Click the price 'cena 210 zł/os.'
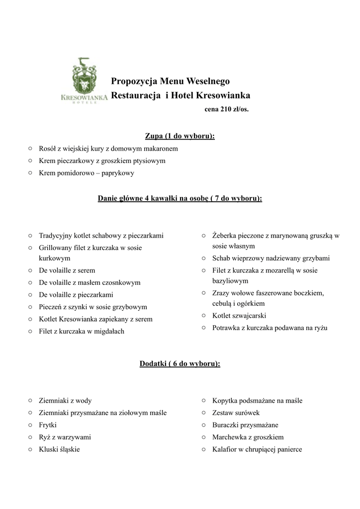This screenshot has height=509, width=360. pos(226,109)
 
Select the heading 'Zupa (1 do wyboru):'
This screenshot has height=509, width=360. pos(180,136)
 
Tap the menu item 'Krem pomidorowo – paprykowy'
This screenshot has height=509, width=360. pos(87,173)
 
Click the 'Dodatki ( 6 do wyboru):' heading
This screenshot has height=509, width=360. pos(180,364)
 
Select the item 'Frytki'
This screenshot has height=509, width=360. pos(48,425)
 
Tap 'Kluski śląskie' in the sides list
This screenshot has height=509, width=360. pos(59,449)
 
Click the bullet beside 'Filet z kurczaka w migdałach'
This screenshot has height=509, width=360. pos(30,331)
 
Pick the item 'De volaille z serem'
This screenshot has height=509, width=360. pos(67,270)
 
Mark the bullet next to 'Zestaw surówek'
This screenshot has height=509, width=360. pos(203,413)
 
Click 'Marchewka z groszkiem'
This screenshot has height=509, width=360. pos(248,437)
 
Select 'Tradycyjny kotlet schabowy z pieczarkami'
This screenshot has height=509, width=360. pos(101,236)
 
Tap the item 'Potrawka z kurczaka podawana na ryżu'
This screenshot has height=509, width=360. pos(270,328)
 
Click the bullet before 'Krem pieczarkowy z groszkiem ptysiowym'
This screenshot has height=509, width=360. pos(30,161)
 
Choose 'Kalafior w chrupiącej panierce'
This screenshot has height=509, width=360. pos(257,449)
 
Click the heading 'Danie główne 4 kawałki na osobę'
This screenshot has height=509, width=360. pos(180,198)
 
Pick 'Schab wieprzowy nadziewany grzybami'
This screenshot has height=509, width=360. pos(270,258)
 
